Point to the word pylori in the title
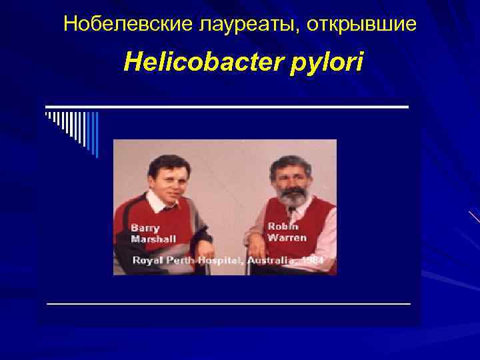pyautogui.click(x=326, y=65)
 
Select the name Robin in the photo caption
pyautogui.click(x=283, y=225)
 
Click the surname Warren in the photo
pyautogui.click(x=287, y=237)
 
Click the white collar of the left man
pyautogui.click(x=160, y=203)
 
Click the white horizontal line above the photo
pyautogui.click(x=227, y=107)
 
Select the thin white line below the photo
pyautogui.click(x=228, y=303)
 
